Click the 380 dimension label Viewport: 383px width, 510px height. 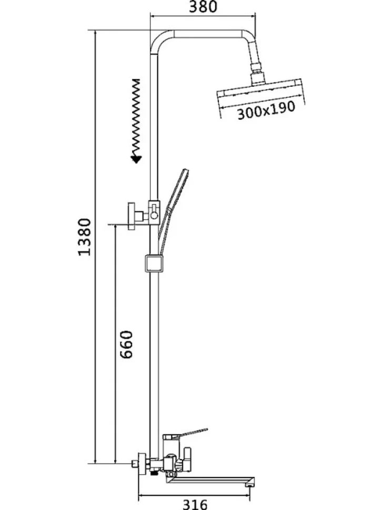203,7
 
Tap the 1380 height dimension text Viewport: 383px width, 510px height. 84,237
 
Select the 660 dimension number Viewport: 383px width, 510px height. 126,344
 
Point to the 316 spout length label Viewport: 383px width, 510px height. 195,504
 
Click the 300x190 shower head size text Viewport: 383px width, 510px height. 266,111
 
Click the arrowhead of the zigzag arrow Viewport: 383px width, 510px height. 136,159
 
